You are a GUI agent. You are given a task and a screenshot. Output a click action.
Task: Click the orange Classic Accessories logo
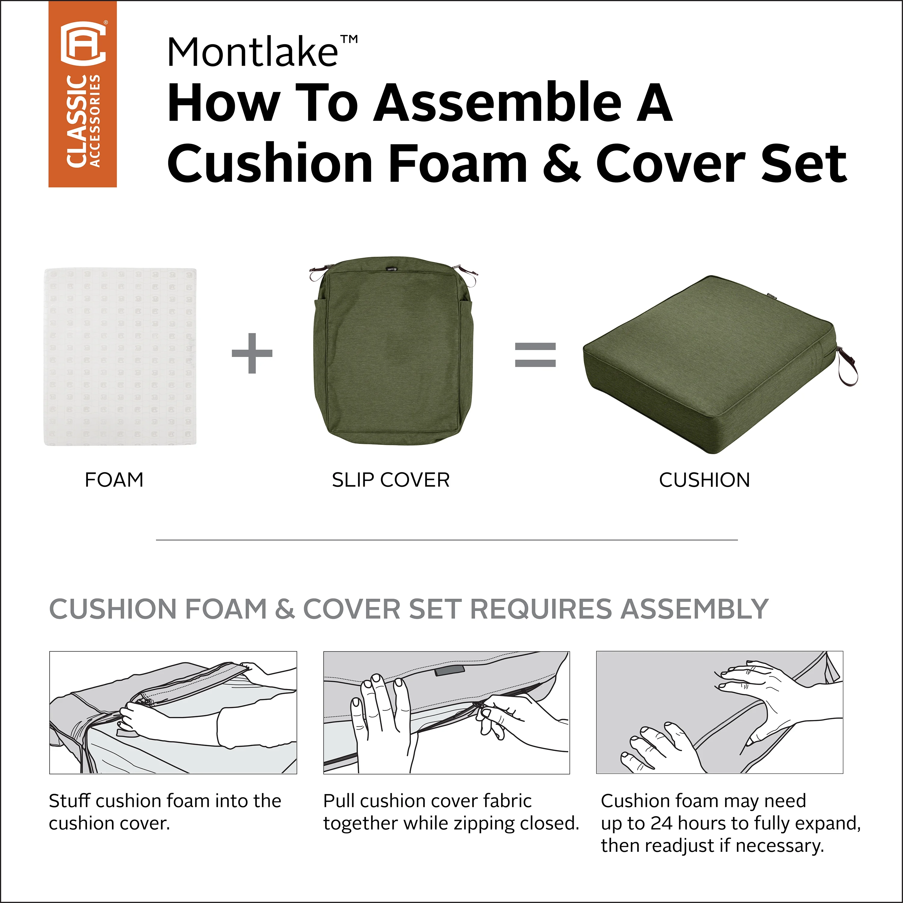82,94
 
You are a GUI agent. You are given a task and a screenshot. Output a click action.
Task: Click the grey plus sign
252,353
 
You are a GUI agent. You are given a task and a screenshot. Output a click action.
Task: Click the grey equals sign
535,354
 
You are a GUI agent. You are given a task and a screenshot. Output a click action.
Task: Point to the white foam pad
120,357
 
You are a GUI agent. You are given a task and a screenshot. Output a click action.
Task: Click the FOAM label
114,480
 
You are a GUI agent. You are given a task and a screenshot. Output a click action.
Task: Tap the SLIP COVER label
391,480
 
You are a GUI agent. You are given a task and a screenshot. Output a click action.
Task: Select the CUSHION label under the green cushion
704,480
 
